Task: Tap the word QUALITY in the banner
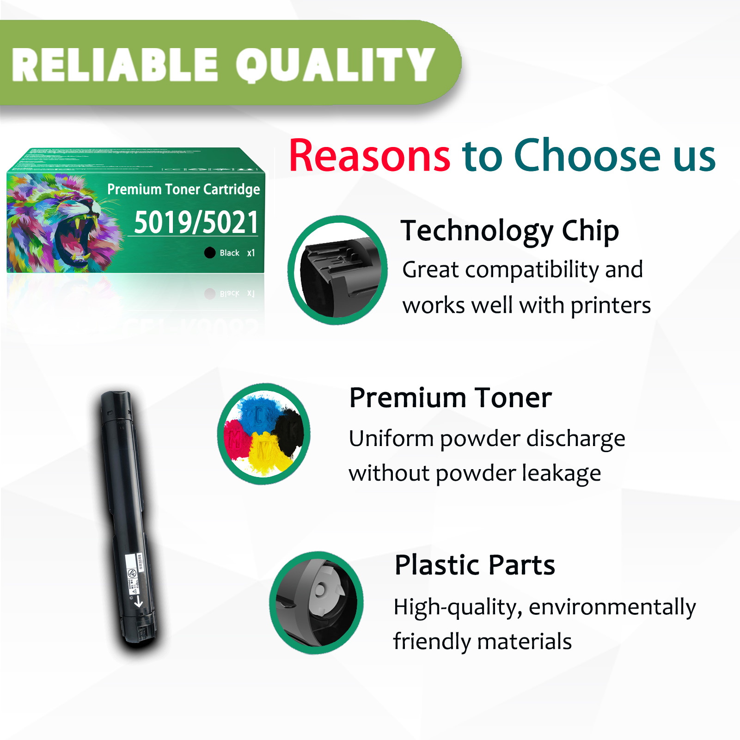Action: click(335, 65)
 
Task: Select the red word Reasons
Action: click(369, 156)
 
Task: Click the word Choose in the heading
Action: click(587, 156)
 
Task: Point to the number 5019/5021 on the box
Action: click(196, 222)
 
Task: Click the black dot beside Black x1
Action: click(210, 252)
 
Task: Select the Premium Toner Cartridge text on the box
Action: click(183, 189)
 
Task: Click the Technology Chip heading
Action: click(509, 231)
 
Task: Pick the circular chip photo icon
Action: click(337, 270)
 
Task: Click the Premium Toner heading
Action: click(450, 398)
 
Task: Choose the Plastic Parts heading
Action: click(475, 565)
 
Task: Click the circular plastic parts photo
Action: click(317, 603)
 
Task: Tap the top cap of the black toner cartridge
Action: click(116, 400)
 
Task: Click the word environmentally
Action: click(612, 607)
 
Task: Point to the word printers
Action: click(610, 306)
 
